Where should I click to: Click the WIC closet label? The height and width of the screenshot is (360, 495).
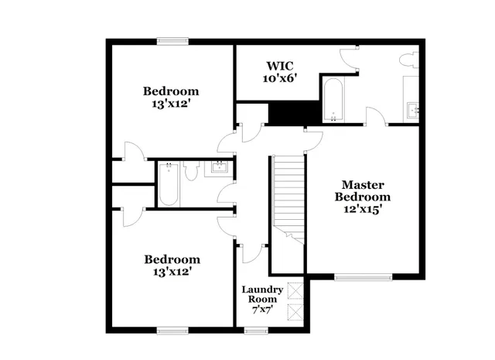pyautogui.click(x=279, y=66)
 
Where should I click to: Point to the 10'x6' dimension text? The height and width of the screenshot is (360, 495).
pyautogui.click(x=279, y=77)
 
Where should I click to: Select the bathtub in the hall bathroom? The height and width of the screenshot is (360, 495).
pyautogui.click(x=169, y=184)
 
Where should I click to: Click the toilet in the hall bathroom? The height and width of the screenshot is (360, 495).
pyautogui.click(x=193, y=170)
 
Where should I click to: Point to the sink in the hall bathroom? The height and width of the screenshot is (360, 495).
pyautogui.click(x=219, y=167)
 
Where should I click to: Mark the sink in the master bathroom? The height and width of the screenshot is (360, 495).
pyautogui.click(x=412, y=109)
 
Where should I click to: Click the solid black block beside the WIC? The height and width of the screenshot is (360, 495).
pyautogui.click(x=293, y=112)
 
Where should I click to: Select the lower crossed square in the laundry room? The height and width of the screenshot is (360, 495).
pyautogui.click(x=295, y=312)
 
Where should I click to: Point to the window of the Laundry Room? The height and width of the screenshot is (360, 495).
pyautogui.click(x=254, y=331)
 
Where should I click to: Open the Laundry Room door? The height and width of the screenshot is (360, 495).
pyautogui.click(x=251, y=252)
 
